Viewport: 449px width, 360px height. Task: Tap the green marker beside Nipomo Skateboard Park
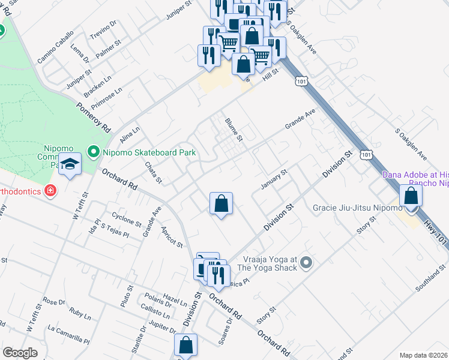click(93, 152)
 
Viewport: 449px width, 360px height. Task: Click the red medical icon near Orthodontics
click(50, 191)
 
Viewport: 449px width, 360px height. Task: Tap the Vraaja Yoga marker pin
click(307, 262)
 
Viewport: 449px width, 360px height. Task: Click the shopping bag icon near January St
click(221, 203)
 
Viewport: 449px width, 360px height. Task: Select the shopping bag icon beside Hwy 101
click(411, 196)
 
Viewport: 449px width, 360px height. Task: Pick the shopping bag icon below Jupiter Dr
click(186, 346)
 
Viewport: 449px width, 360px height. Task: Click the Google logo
click(20, 353)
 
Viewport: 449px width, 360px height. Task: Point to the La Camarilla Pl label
click(69, 334)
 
